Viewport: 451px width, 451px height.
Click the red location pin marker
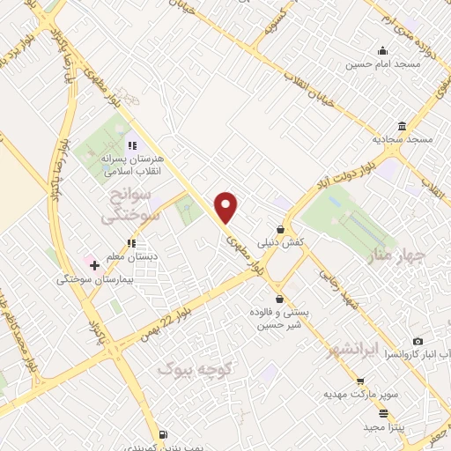pyautogui.click(x=226, y=206)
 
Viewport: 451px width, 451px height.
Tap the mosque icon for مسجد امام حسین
pyautogui.click(x=381, y=50)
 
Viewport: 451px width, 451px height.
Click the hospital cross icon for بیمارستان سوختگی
pyautogui.click(x=94, y=264)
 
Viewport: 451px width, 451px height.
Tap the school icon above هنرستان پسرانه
pyautogui.click(x=131, y=145)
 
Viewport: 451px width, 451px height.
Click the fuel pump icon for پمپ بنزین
pyautogui.click(x=163, y=434)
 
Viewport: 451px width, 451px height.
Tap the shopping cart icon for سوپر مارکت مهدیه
pyautogui.click(x=359, y=381)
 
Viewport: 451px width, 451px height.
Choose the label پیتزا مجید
pyautogui.click(x=381, y=426)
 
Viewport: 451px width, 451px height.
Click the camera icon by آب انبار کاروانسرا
pyautogui.click(x=418, y=341)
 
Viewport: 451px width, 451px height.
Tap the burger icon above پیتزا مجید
pyautogui.click(x=382, y=412)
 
